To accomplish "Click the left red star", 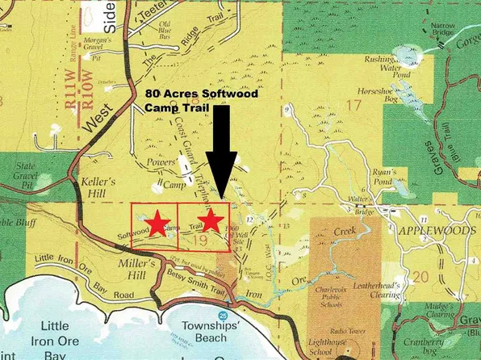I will tap(158, 220).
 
